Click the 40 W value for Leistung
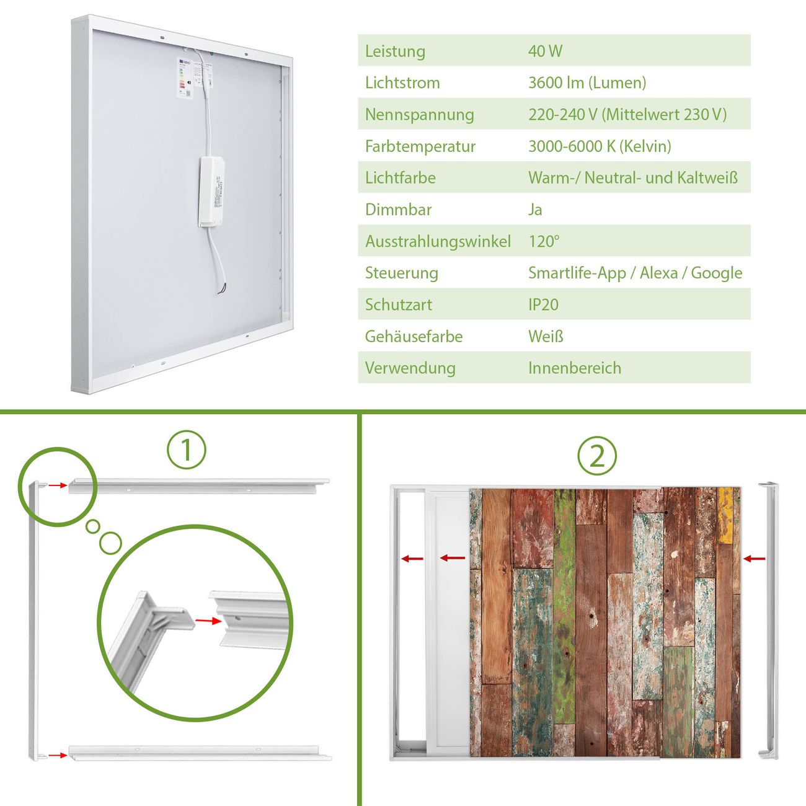click(x=545, y=51)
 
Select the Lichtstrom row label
click(x=402, y=83)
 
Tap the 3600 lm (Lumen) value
click(x=587, y=83)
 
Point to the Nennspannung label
click(x=420, y=115)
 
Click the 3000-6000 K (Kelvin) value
click(x=600, y=146)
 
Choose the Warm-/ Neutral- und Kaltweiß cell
click(x=633, y=178)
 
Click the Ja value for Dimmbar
click(x=535, y=210)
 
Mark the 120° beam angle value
click(x=544, y=241)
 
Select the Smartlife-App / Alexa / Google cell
click(x=635, y=273)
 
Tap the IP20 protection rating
click(x=543, y=305)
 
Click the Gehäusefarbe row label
click(x=414, y=337)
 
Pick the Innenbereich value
click(x=574, y=368)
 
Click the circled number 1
click(x=187, y=449)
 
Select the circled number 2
click(x=597, y=456)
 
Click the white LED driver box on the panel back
click(x=211, y=192)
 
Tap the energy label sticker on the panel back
click(x=185, y=77)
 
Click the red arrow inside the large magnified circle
click(x=208, y=621)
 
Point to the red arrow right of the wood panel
click(x=754, y=559)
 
